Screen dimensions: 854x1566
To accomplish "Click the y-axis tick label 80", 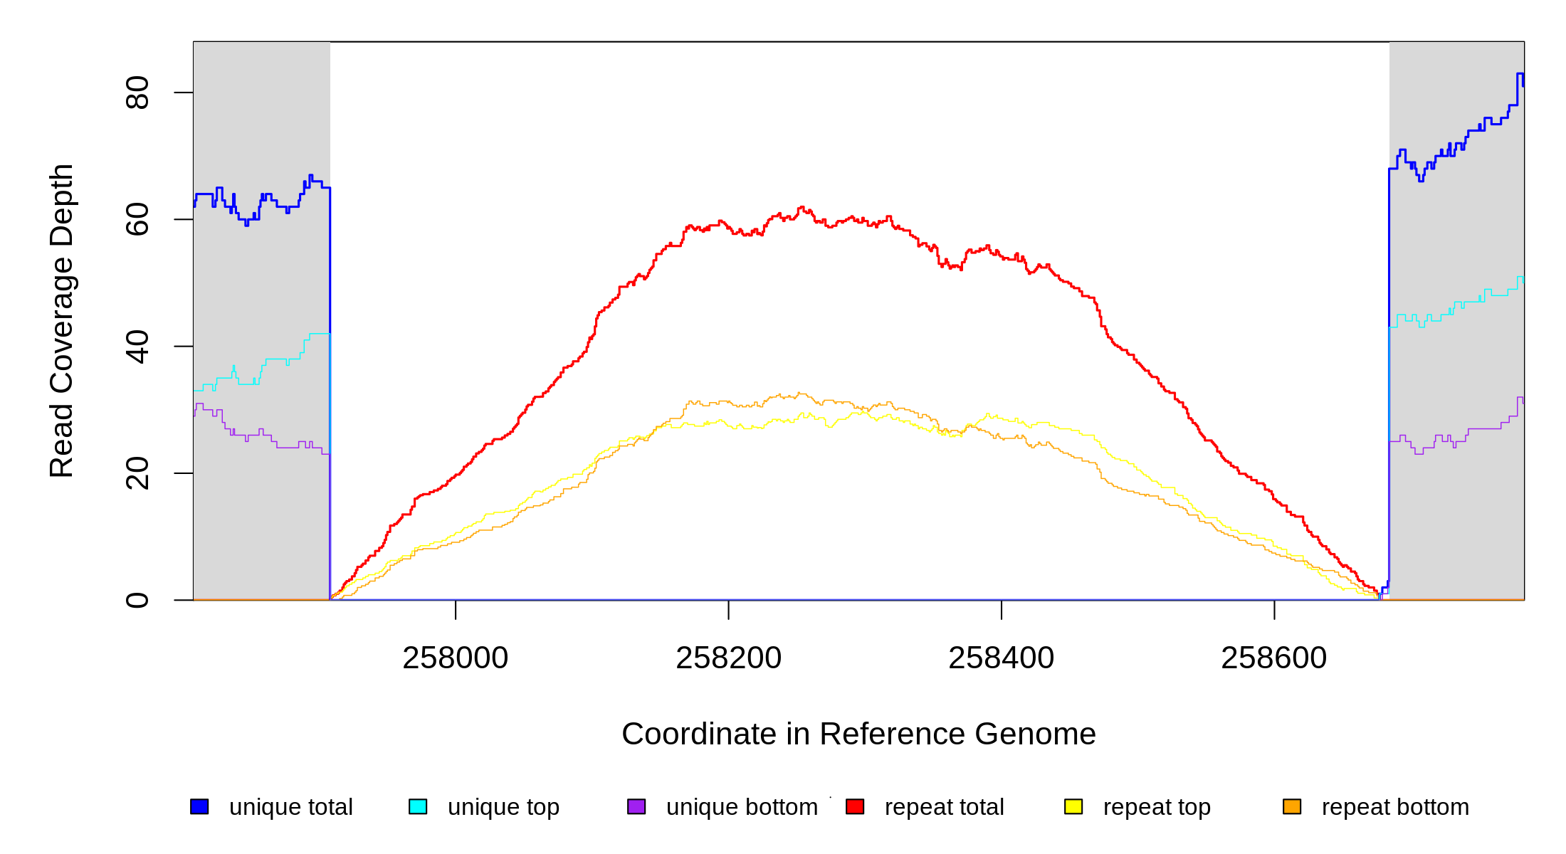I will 137,93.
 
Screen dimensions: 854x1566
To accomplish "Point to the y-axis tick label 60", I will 137,219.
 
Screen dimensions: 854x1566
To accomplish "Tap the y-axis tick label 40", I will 137,347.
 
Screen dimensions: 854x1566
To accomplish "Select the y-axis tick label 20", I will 137,473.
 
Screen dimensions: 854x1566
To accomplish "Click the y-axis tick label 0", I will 137,600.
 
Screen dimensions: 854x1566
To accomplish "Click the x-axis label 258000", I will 456,658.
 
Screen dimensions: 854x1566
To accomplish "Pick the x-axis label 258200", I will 728,658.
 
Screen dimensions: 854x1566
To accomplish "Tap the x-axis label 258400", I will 1001,658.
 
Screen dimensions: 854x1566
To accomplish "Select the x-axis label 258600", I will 1273,658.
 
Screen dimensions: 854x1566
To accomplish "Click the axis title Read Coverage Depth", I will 62,320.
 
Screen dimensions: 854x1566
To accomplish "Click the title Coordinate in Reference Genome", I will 858,734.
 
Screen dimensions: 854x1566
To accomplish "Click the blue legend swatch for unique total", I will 199,806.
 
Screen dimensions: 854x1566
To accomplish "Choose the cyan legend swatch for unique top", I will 418,806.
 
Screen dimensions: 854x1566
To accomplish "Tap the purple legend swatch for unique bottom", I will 636,806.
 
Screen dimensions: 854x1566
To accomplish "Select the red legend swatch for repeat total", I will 855,806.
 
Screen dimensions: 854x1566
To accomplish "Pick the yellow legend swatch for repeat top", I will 1073,806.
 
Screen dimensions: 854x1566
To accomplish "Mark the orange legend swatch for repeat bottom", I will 1292,806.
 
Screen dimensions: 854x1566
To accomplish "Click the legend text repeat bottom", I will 1395,807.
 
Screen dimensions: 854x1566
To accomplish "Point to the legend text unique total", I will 290,807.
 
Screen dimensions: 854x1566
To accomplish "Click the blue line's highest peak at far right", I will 1520,74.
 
